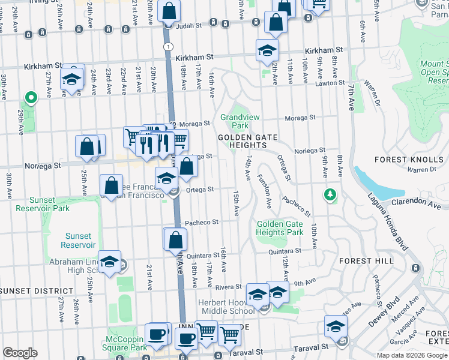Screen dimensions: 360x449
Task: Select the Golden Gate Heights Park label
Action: [279, 228]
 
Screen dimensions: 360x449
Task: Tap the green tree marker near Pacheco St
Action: [330, 194]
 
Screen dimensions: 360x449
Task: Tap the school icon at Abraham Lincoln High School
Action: [110, 262]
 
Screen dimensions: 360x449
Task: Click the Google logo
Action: [20, 353]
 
